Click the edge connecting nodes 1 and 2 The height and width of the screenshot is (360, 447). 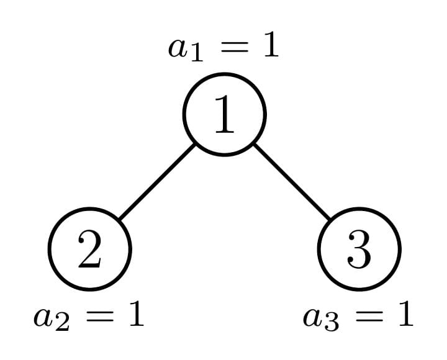point(157,181)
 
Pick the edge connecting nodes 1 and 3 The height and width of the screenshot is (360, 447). point(292,181)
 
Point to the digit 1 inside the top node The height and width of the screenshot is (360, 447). point(225,115)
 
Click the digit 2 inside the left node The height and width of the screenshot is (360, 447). point(89,250)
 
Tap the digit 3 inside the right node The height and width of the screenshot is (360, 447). point(359,250)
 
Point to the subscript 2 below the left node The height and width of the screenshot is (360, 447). point(62,323)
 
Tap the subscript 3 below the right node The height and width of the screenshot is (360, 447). point(332,323)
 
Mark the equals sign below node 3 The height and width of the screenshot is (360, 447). point(369,316)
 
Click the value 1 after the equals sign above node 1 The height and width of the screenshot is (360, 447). point(270,45)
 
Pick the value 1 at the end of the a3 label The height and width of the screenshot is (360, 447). point(405,314)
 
